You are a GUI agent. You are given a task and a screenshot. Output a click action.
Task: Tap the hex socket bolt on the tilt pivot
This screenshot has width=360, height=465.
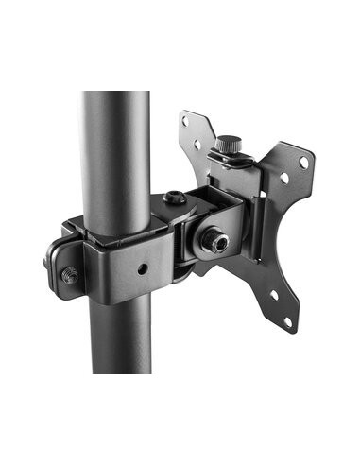pyautogui.click(x=220, y=244)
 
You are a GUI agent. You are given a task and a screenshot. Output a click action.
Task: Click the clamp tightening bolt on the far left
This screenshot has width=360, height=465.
pyautogui.click(x=69, y=275)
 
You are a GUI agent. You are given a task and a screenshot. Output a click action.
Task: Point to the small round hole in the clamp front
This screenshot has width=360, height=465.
pyautogui.click(x=141, y=267)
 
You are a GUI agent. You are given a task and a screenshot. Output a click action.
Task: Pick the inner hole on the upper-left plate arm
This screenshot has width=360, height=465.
pyautogui.click(x=197, y=146)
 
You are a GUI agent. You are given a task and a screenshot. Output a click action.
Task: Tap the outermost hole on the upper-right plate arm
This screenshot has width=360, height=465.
pyautogui.click(x=303, y=162)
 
